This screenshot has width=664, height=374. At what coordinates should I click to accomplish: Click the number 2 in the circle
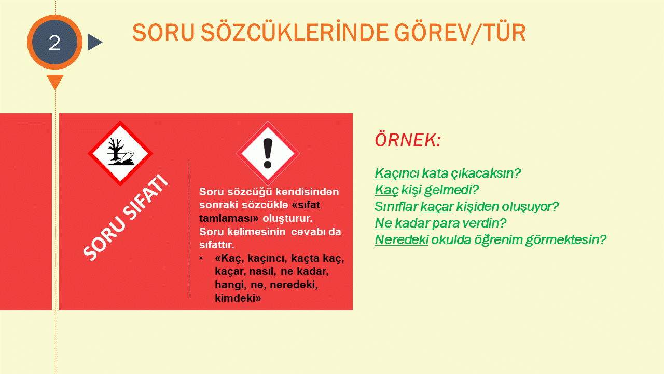[x=54, y=43]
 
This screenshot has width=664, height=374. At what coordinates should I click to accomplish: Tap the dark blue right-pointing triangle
[x=94, y=42]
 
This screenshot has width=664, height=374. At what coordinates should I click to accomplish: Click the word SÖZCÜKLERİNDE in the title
[x=294, y=33]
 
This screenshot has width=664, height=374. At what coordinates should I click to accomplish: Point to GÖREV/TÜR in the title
[x=460, y=33]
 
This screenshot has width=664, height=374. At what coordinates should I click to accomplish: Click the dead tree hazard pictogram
[x=120, y=153]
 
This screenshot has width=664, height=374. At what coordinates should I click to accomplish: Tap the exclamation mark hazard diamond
[x=268, y=153]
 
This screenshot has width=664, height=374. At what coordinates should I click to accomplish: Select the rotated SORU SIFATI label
[x=126, y=217]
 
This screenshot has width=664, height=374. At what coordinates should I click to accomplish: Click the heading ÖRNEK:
[x=408, y=140]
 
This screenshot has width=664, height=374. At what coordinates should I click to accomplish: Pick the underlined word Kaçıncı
[x=397, y=173]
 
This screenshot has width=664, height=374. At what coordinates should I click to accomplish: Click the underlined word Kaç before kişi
[x=386, y=190]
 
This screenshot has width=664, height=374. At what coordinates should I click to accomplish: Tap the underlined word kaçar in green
[x=437, y=207]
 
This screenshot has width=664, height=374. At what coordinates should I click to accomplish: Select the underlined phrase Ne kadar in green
[x=402, y=223]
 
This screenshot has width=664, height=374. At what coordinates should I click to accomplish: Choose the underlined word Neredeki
[x=402, y=240]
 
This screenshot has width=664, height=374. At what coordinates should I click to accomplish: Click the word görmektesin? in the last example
[x=566, y=241]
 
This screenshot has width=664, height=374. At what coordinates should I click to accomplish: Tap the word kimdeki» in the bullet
[x=238, y=298]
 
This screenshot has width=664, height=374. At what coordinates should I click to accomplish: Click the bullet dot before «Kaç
[x=201, y=258]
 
